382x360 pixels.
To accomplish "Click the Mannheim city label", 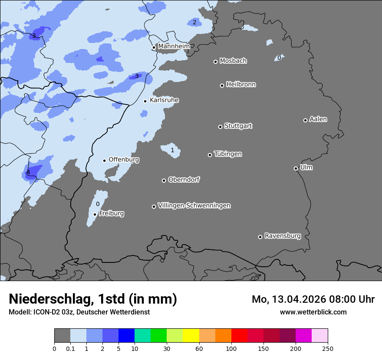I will tap(174, 46).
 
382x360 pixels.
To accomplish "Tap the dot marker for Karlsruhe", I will tap(145, 101).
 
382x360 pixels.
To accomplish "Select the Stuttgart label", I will tap(238, 126).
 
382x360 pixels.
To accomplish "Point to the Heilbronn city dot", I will tap(222, 85).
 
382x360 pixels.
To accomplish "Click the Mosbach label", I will tap(233, 61).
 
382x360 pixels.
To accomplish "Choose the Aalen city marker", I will tap(305, 120).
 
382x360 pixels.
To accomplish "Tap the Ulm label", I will tap(306, 167).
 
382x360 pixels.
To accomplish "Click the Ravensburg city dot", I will tap(260, 237).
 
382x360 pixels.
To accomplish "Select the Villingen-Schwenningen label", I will tap(194, 206).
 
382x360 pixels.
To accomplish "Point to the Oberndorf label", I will tap(184, 180).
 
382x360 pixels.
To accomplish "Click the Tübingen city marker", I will tap(210, 155).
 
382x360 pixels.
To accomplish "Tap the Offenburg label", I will tap(124, 160).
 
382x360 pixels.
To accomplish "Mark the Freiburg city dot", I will tap(95, 214).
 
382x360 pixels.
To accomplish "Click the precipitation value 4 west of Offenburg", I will tap(28, 173).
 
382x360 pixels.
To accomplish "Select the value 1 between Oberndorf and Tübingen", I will tap(172, 151).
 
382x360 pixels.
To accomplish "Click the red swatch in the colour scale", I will tap(239, 336).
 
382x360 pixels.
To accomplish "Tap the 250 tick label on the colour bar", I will tap(327, 348).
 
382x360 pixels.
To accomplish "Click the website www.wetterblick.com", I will tap(313, 312).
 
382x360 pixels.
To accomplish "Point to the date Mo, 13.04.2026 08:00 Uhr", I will tap(313, 299).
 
